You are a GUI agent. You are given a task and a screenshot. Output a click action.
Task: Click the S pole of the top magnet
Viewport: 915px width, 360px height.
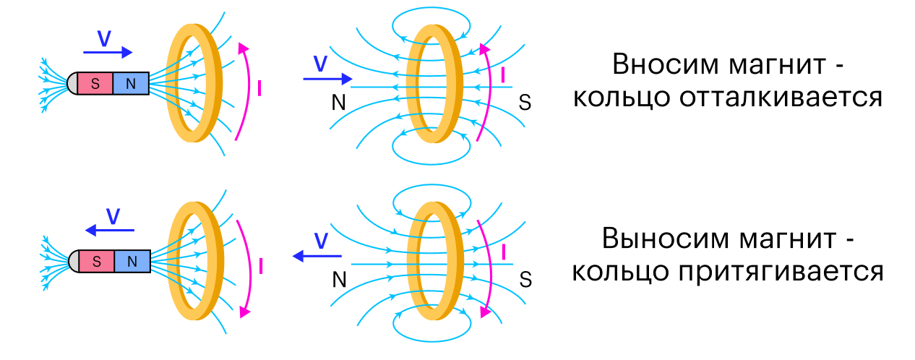tap(95, 83)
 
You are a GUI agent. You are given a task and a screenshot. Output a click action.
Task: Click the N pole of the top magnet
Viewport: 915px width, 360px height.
tap(131, 83)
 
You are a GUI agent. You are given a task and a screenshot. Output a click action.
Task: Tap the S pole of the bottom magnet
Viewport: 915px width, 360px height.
tap(96, 261)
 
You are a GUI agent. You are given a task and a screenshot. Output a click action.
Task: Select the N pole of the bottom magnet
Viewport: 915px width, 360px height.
tap(132, 261)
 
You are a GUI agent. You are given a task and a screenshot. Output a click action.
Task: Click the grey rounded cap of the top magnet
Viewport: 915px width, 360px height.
tap(72, 83)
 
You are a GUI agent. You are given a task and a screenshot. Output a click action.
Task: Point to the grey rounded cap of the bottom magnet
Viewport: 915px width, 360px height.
tap(74, 261)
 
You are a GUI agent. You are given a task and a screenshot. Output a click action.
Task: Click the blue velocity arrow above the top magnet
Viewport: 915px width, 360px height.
tap(108, 52)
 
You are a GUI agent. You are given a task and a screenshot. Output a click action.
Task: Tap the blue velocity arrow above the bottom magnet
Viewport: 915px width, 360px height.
tap(109, 231)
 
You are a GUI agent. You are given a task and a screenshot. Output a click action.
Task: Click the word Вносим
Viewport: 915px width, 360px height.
tap(666, 64)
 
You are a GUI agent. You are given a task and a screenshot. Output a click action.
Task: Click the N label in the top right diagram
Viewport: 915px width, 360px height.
tap(339, 102)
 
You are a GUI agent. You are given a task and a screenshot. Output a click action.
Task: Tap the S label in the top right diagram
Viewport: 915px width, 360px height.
tap(525, 102)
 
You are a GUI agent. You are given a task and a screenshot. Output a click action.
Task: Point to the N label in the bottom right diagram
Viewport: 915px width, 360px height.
tap(340, 280)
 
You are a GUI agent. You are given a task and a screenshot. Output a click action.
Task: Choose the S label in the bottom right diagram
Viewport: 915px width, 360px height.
tap(525, 280)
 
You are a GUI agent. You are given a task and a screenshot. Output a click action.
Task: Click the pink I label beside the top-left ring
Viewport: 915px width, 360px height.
tap(259, 88)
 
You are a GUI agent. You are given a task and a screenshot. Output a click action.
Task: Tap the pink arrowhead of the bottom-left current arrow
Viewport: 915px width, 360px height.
tap(244, 312)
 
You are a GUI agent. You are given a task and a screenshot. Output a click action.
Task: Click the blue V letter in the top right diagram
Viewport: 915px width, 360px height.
tap(321, 64)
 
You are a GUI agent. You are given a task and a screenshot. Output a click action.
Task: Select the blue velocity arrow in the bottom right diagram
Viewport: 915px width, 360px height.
tap(317, 256)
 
